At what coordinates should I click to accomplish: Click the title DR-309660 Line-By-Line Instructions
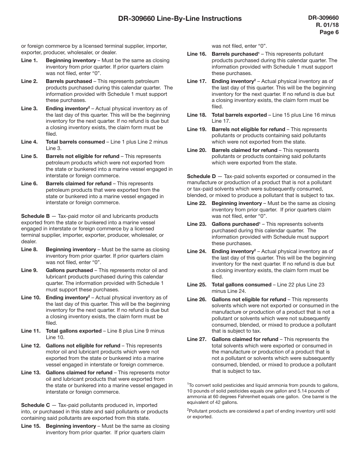[180, 19]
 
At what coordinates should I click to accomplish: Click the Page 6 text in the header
[329, 32]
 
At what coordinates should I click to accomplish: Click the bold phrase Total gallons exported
[74, 331]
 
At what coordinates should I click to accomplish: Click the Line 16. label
[197, 54]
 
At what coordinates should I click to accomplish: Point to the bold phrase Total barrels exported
[239, 115]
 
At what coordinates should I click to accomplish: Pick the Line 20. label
[197, 150]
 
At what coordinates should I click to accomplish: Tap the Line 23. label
[197, 224]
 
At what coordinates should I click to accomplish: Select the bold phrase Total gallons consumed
[241, 285]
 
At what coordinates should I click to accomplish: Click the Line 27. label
[197, 339]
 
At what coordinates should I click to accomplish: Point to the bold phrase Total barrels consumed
[75, 142]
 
